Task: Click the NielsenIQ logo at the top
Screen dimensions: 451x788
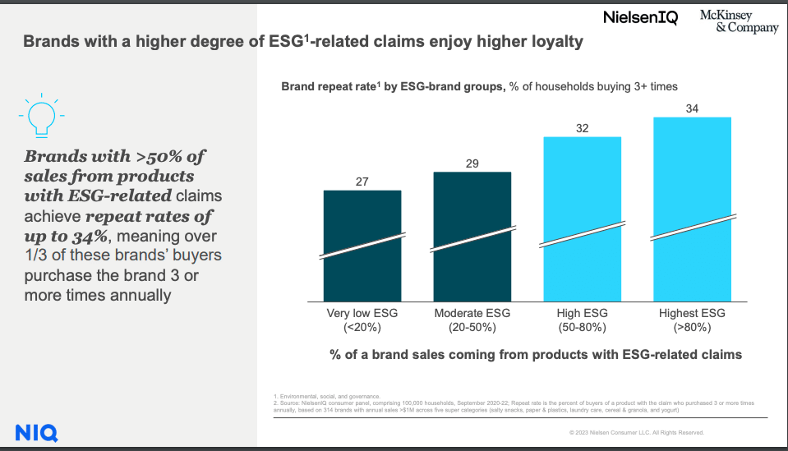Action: [640, 17]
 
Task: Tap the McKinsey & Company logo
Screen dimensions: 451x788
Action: [739, 22]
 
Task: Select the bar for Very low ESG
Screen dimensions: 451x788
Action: [362, 246]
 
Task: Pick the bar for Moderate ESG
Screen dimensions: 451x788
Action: [472, 238]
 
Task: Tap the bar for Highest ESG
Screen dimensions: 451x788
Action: [692, 210]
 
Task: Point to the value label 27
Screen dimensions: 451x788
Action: [362, 181]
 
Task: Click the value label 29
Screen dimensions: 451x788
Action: [472, 163]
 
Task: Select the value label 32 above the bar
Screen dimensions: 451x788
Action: [582, 128]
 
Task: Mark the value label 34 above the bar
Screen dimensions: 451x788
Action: [692, 108]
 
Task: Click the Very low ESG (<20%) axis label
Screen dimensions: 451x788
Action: [362, 320]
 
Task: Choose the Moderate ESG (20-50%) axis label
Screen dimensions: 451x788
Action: [472, 320]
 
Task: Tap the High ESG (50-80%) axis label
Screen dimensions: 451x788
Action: [583, 320]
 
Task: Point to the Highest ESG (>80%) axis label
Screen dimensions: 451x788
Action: [692, 320]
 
